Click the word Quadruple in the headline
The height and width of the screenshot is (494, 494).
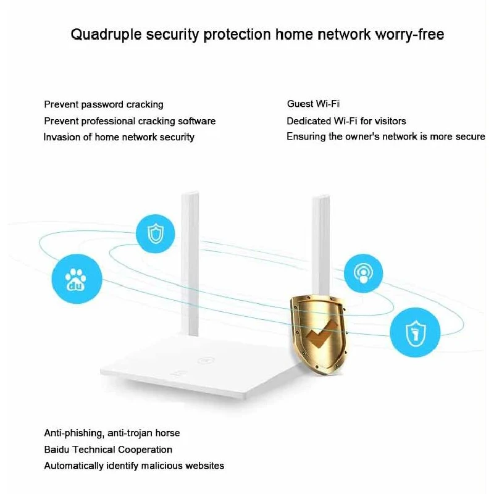[106, 35]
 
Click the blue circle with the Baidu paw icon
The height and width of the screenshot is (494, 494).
[77, 279]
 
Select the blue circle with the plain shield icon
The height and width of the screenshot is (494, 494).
[156, 234]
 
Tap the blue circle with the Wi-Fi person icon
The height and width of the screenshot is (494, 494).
[363, 273]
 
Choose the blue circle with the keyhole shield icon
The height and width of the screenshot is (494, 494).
[415, 333]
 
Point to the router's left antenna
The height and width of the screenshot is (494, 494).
[190, 263]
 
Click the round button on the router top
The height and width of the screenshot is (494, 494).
[206, 360]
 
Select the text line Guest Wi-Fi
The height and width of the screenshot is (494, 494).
[313, 104]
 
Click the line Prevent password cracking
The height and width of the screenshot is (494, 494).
[104, 104]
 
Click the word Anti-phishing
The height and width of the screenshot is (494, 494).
[74, 433]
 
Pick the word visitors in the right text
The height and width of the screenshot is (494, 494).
[390, 121]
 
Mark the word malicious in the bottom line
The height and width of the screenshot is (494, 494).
[162, 466]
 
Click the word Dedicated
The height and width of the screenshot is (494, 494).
[308, 121]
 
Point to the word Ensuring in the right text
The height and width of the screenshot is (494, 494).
[306, 136]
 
